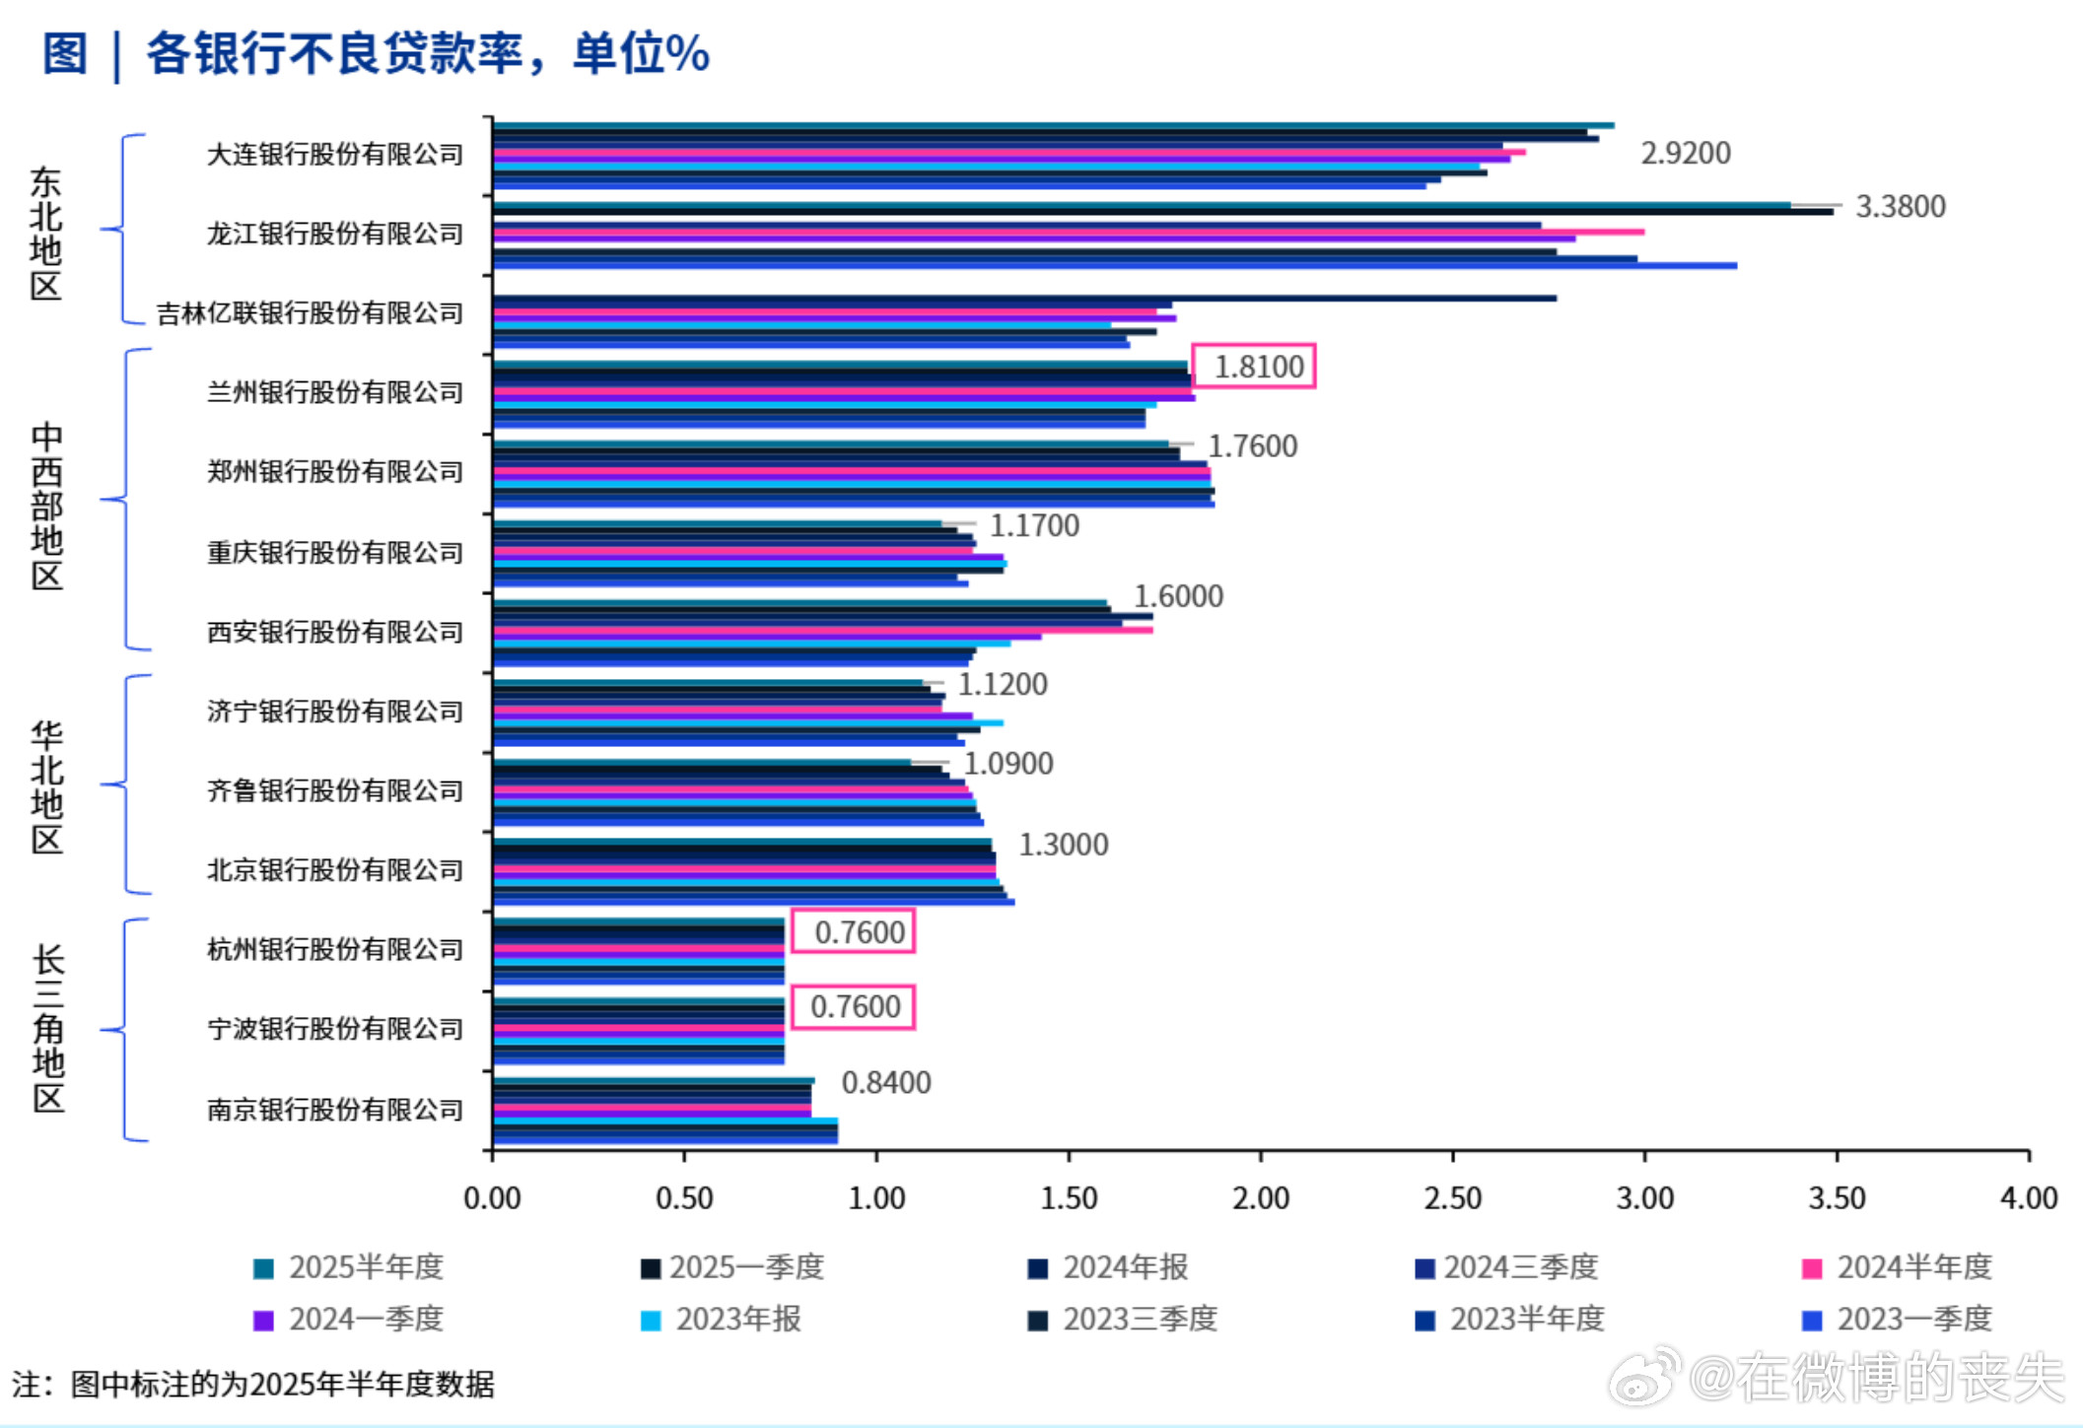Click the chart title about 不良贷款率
pos(375,53)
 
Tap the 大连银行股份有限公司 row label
pos(334,155)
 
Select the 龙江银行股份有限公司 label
pos(334,234)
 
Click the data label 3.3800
pos(1900,207)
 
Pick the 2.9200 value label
pos(1685,154)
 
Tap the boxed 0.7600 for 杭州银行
pos(859,932)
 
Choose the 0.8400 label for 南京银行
pos(885,1083)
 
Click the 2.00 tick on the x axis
pos(1260,1198)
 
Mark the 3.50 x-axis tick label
pos(1836,1198)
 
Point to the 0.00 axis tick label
pos(492,1198)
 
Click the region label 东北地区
pos(45,234)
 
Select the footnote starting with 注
pos(252,1385)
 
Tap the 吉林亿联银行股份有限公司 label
pos(310,313)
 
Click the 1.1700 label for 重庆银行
pos(1034,526)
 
